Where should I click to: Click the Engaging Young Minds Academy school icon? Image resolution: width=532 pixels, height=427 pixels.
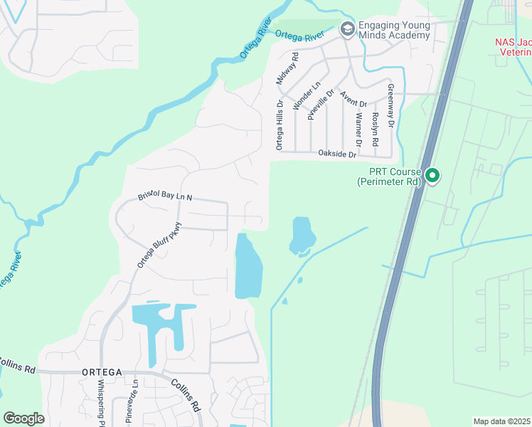[347, 29]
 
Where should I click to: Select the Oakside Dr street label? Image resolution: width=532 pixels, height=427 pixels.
[336, 153]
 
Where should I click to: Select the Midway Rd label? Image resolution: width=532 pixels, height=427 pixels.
[287, 68]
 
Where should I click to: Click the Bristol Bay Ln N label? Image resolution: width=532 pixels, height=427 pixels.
[165, 196]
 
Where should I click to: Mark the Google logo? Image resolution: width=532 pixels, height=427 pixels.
[23, 418]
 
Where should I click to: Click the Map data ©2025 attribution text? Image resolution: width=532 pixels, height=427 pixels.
[501, 421]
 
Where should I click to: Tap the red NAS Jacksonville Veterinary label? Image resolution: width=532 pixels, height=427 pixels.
[513, 47]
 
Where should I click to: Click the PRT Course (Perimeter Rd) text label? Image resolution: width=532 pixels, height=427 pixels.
[390, 176]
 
